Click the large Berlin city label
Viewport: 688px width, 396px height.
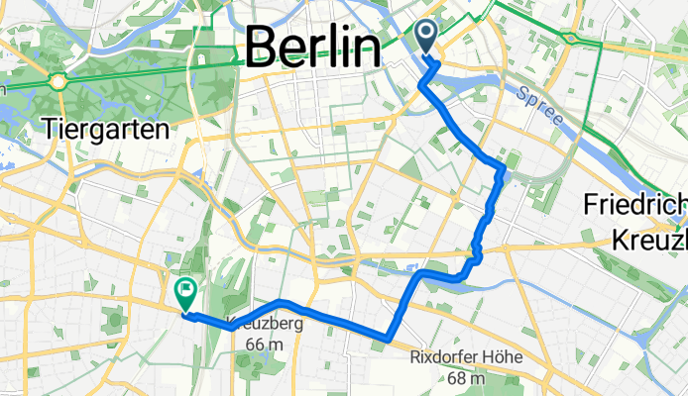pyautogui.click(x=313, y=47)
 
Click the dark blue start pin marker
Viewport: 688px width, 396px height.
pyautogui.click(x=428, y=38)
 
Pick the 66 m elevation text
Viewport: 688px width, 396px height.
pyautogui.click(x=257, y=343)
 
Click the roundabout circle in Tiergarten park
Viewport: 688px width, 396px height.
pyautogui.click(x=59, y=81)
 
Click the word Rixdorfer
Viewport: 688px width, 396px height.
pyautogui.click(x=448, y=357)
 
